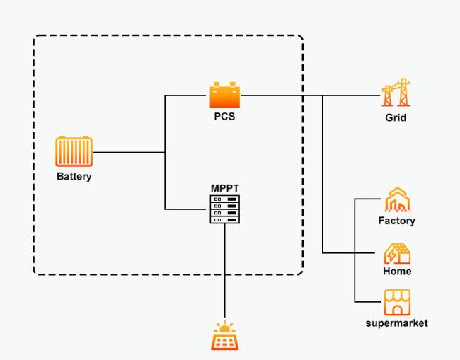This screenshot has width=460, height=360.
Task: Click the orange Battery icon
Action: (74, 152)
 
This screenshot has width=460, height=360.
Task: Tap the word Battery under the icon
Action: (74, 176)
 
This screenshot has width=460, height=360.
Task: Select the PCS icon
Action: (225, 95)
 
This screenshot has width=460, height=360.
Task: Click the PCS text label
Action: (224, 117)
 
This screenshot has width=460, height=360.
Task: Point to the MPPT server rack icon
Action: (224, 209)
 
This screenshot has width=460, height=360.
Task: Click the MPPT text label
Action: (224, 188)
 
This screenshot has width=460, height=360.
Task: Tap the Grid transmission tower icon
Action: (396, 93)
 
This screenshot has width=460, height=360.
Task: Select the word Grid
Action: (396, 117)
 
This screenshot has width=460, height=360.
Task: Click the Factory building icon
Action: (396, 200)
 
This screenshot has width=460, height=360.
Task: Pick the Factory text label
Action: (396, 221)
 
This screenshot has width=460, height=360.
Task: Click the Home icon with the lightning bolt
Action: (396, 253)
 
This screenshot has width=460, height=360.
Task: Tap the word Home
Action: (396, 272)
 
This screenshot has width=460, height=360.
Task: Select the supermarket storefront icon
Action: (396, 303)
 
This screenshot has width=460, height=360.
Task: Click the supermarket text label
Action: (396, 323)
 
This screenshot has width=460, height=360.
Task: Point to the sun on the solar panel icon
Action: (225, 327)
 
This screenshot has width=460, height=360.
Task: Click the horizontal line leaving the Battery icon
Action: (127, 152)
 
